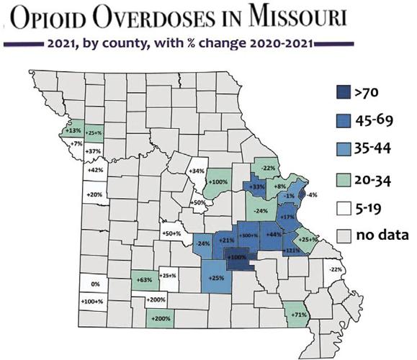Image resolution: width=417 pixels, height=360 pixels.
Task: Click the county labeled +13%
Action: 72,131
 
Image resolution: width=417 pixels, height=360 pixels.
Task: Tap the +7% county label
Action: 75,144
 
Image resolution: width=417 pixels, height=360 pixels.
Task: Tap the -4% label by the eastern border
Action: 313,194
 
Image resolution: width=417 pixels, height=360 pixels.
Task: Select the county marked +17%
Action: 288,217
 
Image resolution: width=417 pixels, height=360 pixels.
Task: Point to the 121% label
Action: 292,250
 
